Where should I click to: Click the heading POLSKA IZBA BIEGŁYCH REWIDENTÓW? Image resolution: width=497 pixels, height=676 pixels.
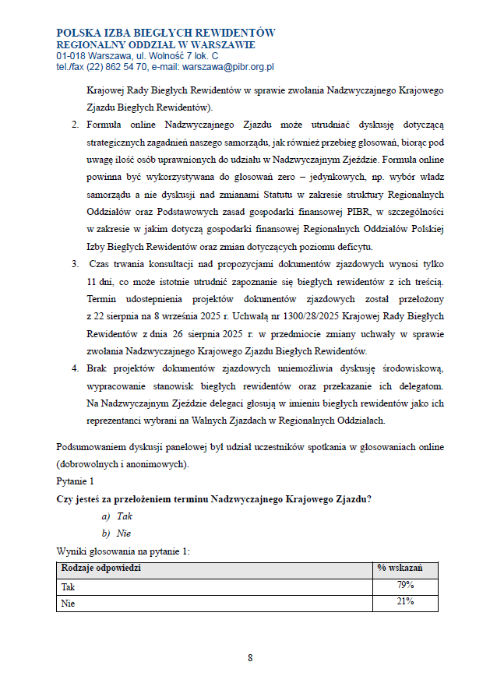click(166, 33)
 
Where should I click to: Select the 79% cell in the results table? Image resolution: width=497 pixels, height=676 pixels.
click(404, 585)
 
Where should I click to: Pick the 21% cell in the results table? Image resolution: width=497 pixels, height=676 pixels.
click(404, 601)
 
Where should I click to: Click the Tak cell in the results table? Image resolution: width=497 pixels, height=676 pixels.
click(68, 586)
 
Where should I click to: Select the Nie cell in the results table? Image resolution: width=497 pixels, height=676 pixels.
click(68, 603)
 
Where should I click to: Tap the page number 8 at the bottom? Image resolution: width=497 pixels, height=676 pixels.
click(250, 658)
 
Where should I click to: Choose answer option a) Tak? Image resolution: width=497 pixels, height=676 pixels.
click(117, 516)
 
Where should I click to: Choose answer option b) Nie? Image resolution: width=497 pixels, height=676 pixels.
click(117, 533)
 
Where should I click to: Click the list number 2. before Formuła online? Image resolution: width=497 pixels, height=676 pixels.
click(76, 125)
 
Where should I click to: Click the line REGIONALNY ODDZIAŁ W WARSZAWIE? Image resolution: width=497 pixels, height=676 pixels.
click(145, 45)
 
